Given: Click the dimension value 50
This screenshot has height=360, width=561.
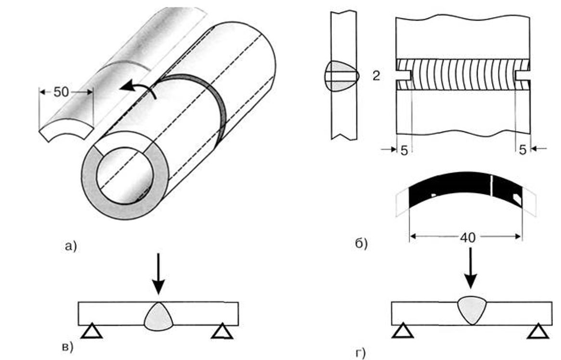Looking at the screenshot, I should point(62,92).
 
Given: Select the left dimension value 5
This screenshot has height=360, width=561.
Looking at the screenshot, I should point(404,150).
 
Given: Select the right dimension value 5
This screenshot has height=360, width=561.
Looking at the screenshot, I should point(522,150).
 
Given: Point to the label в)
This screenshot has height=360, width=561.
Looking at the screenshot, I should point(67,346).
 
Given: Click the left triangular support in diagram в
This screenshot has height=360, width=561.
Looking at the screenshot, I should point(91,331).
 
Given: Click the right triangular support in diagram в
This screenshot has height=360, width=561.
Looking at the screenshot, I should point(222,331).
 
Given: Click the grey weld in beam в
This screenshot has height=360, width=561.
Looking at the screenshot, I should point(158,316).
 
